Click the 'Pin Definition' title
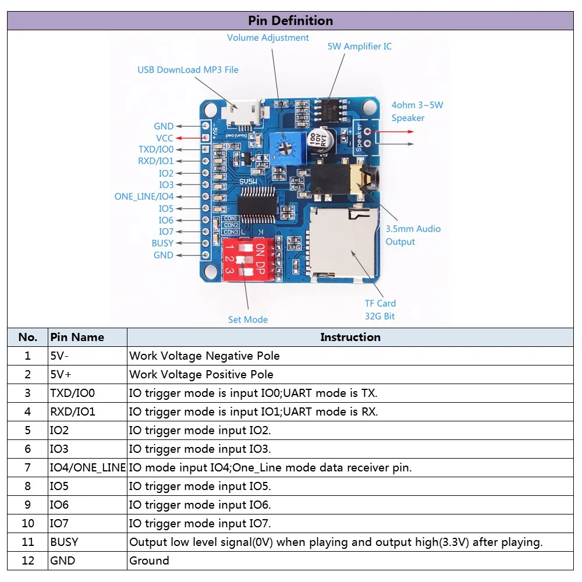tap(290, 21)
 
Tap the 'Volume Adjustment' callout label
tap(268, 38)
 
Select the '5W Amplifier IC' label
tap(359, 47)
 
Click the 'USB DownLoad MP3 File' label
tap(187, 70)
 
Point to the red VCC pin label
tap(165, 139)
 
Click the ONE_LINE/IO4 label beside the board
tap(144, 197)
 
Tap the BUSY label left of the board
tap(162, 243)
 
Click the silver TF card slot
tap(342, 242)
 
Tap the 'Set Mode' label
tap(248, 320)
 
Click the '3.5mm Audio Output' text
tap(413, 235)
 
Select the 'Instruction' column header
tap(350, 337)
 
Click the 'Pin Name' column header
tap(77, 337)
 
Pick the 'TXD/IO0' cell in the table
tap(72, 393)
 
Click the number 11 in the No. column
tap(27, 542)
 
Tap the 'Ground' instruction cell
tap(149, 560)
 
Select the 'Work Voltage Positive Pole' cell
tap(201, 374)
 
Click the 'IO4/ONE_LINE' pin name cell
tap(87, 467)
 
